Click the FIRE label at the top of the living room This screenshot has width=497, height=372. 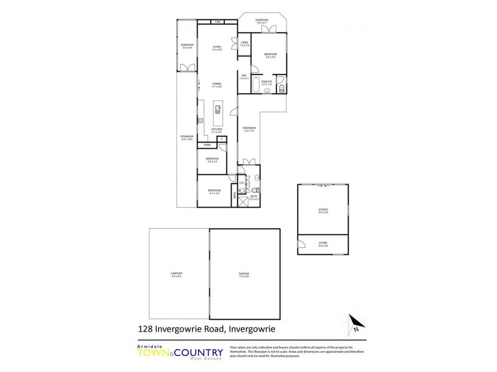pos(217,22)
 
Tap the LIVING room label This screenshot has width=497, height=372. pos(217,48)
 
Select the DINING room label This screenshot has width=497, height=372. pos(217,85)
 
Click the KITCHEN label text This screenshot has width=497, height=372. pos(216,130)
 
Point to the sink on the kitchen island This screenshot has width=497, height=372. pos(217,110)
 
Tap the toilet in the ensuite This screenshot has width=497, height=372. pos(281,89)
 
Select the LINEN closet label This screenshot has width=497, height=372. pos(245,43)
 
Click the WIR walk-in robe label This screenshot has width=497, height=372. pos(245,77)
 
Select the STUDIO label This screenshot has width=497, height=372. pos(323,211)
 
